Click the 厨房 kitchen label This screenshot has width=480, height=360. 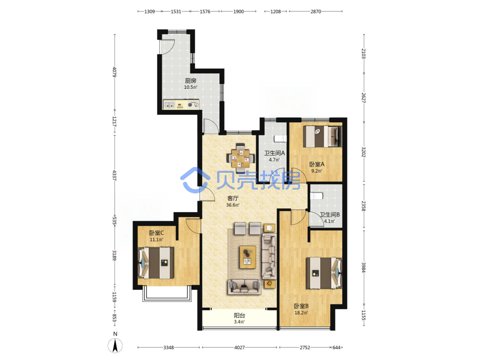tap(191, 81)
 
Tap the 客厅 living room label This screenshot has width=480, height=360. tap(233, 198)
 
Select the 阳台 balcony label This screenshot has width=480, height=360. tap(240, 315)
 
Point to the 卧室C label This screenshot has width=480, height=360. tap(156, 233)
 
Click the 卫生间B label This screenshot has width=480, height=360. tap(330, 215)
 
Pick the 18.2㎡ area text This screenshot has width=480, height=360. tap(301, 312)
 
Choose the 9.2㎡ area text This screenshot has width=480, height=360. tap(316, 171)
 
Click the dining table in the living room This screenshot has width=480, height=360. tap(240, 158)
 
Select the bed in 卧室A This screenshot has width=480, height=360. tap(323, 136)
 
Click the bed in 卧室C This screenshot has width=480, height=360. tap(156, 263)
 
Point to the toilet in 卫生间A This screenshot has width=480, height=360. tap(280, 139)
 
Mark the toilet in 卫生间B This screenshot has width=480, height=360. tap(316, 196)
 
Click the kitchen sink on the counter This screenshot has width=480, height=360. tap(169, 105)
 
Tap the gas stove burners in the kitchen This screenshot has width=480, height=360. tap(193, 105)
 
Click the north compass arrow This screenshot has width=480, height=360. tap(115, 346)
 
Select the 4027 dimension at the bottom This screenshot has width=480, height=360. tap(240, 348)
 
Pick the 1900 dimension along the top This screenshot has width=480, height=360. tap(239, 12)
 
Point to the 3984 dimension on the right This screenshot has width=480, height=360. tap(363, 267)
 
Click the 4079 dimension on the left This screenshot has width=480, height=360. tap(114, 72)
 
